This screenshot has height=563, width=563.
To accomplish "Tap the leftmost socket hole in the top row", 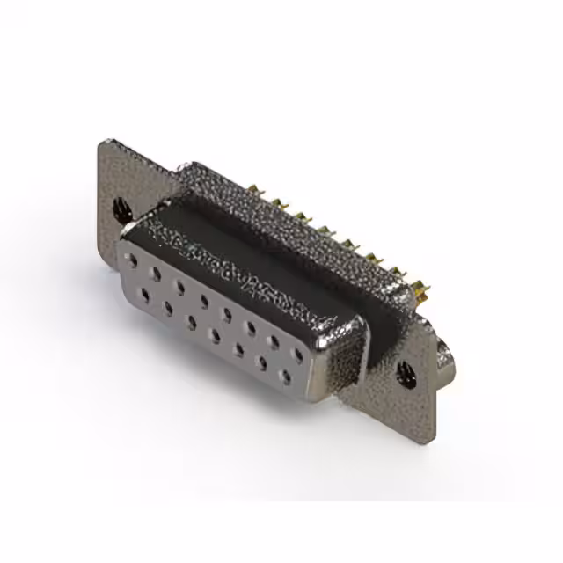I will point(132,261).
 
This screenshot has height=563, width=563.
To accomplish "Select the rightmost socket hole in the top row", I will point(297,355).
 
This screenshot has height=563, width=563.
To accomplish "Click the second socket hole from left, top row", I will point(156,274).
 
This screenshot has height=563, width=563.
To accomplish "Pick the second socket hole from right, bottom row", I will point(261,364).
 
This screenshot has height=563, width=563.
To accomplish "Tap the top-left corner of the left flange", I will point(103,143).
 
